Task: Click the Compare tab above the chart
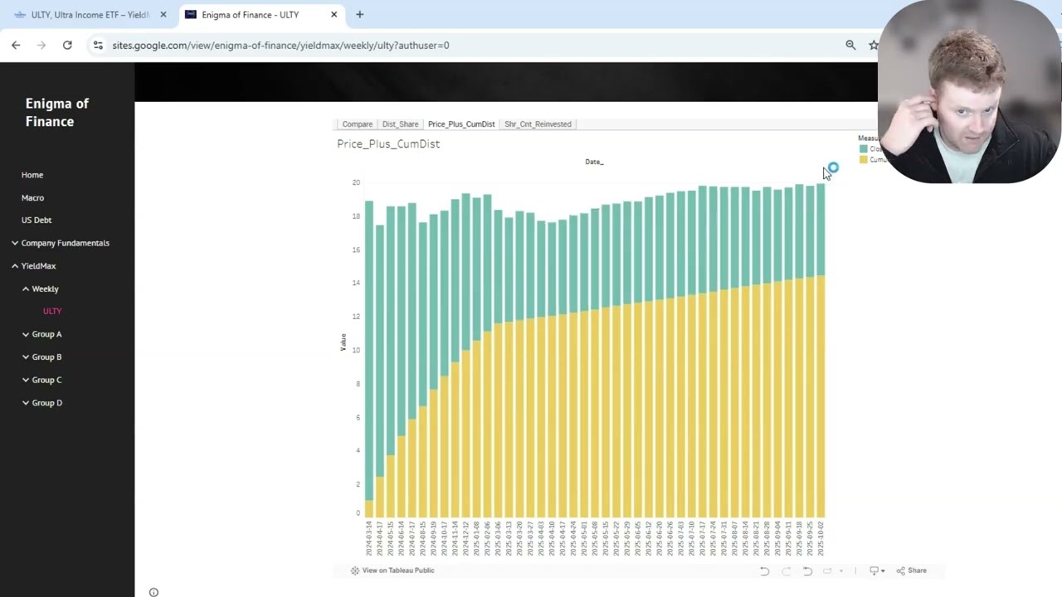point(357,124)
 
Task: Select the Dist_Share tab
point(400,124)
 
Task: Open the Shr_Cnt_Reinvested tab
point(538,124)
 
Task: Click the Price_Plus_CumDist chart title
point(388,144)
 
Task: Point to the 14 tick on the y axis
point(356,283)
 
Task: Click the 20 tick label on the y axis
point(356,182)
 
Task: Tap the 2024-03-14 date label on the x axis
point(369,538)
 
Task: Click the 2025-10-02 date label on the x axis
point(821,538)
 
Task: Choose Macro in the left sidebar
point(32,197)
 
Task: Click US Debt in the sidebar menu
point(37,220)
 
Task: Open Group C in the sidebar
point(46,380)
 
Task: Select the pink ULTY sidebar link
point(52,311)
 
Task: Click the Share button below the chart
point(912,570)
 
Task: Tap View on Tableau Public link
point(392,570)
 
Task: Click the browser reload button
point(67,45)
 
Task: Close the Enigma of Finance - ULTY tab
point(334,14)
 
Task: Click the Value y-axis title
point(343,342)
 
